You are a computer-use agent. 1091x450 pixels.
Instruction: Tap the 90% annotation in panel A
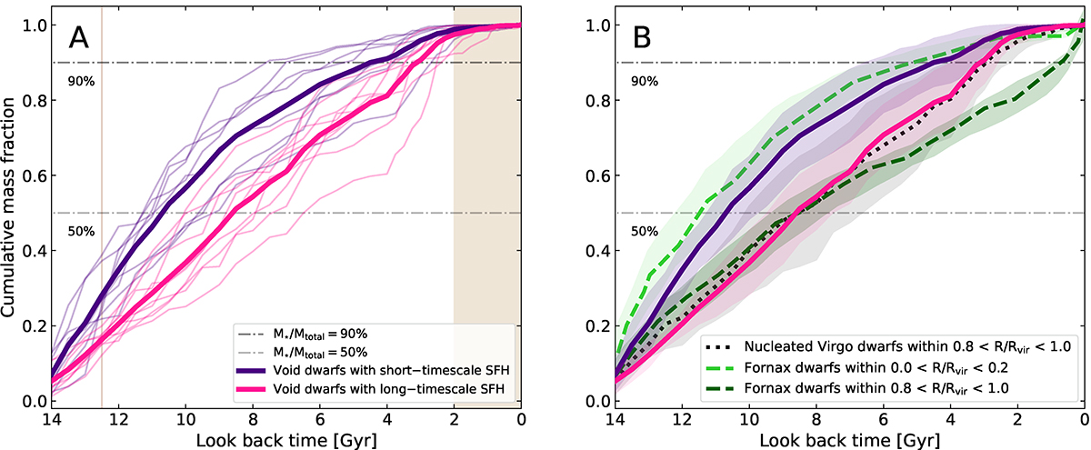click(x=82, y=80)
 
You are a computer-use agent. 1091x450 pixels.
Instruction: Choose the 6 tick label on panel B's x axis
click(x=882, y=419)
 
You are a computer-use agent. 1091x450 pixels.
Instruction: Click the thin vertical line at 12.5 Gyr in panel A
click(x=102, y=182)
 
